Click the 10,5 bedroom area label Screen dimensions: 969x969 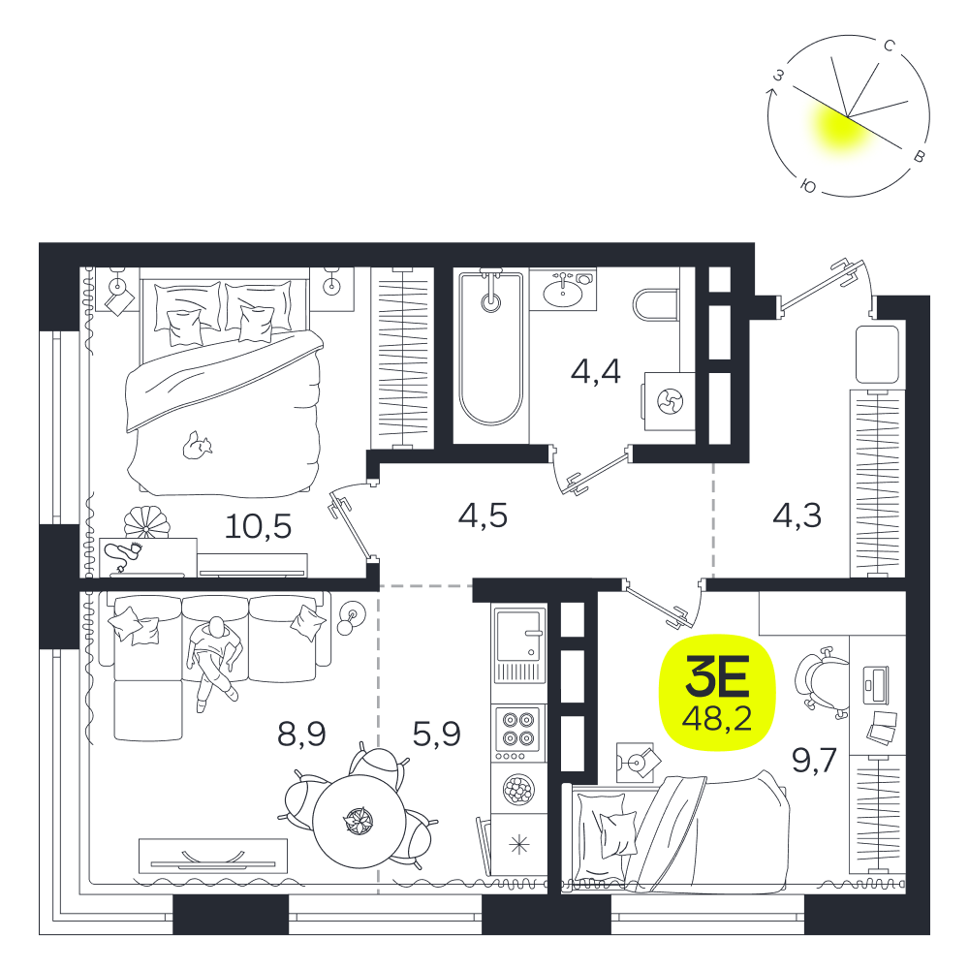(x=258, y=526)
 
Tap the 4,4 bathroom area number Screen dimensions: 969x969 (x=596, y=371)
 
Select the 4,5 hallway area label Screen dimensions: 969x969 (x=483, y=515)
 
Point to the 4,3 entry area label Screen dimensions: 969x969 (x=797, y=515)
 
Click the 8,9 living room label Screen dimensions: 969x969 (x=301, y=735)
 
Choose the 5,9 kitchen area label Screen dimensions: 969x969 (x=436, y=735)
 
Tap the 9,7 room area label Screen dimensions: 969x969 (x=814, y=760)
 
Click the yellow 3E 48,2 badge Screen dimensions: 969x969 (x=717, y=692)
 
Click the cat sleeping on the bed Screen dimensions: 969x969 (x=197, y=446)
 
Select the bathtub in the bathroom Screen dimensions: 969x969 (x=490, y=349)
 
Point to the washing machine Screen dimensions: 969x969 (x=669, y=401)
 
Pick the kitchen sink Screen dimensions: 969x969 (x=519, y=645)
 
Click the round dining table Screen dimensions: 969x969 (x=359, y=822)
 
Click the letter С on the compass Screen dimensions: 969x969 (x=890, y=46)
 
